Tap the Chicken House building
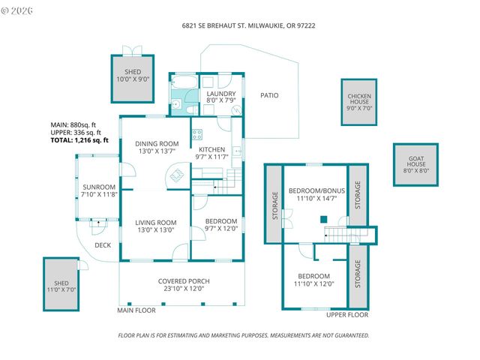pyautogui.click(x=359, y=102)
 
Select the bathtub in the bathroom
pyautogui.click(x=184, y=82)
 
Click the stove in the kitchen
pyautogui.click(x=197, y=134)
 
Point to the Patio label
pyautogui.click(x=269, y=95)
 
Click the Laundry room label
pyautogui.click(x=221, y=93)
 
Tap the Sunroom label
pyautogui.click(x=99, y=187)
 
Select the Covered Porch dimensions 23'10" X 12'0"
pyautogui.click(x=184, y=289)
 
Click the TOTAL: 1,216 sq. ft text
pyautogui.click(x=79, y=140)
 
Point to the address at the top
pyautogui.click(x=248, y=25)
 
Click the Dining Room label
pyautogui.click(x=157, y=143)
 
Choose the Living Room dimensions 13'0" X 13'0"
pyautogui.click(x=156, y=230)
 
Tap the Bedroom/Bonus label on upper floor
pyautogui.click(x=316, y=190)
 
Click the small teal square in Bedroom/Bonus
pyautogui.click(x=324, y=219)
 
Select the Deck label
pyautogui.click(x=103, y=245)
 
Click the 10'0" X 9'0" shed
pyautogui.click(x=133, y=79)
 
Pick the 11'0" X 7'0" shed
pyautogui.click(x=61, y=284)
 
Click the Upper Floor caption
pyautogui.click(x=347, y=315)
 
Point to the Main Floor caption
pyautogui.click(x=136, y=310)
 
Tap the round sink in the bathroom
pyautogui.click(x=176, y=104)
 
